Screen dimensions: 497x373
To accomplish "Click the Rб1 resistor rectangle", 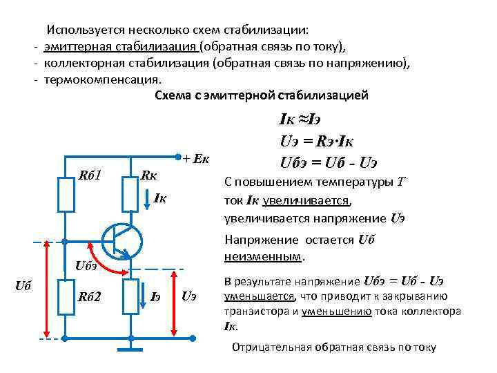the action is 66,193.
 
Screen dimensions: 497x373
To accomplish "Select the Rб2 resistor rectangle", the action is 66,296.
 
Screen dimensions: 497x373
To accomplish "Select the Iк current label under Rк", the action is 160,200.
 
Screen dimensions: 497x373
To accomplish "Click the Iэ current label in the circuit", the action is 157,297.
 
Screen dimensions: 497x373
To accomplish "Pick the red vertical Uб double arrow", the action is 45,289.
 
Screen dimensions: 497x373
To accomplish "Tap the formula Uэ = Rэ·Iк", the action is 317,142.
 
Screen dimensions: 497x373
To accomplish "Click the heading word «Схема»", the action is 174,95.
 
